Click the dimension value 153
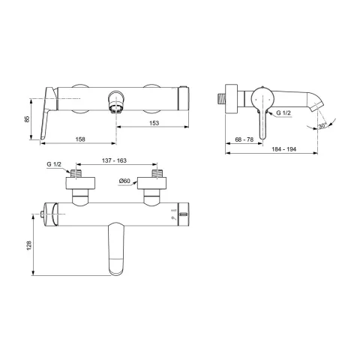click(x=154, y=123)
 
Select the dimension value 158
click(x=80, y=139)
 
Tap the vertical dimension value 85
click(x=27, y=119)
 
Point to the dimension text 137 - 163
click(x=114, y=160)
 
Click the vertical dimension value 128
click(x=29, y=246)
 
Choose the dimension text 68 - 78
click(x=244, y=139)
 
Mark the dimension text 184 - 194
click(x=284, y=149)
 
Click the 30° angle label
click(x=322, y=125)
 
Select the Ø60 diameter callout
click(x=124, y=181)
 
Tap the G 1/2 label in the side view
click(x=283, y=113)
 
